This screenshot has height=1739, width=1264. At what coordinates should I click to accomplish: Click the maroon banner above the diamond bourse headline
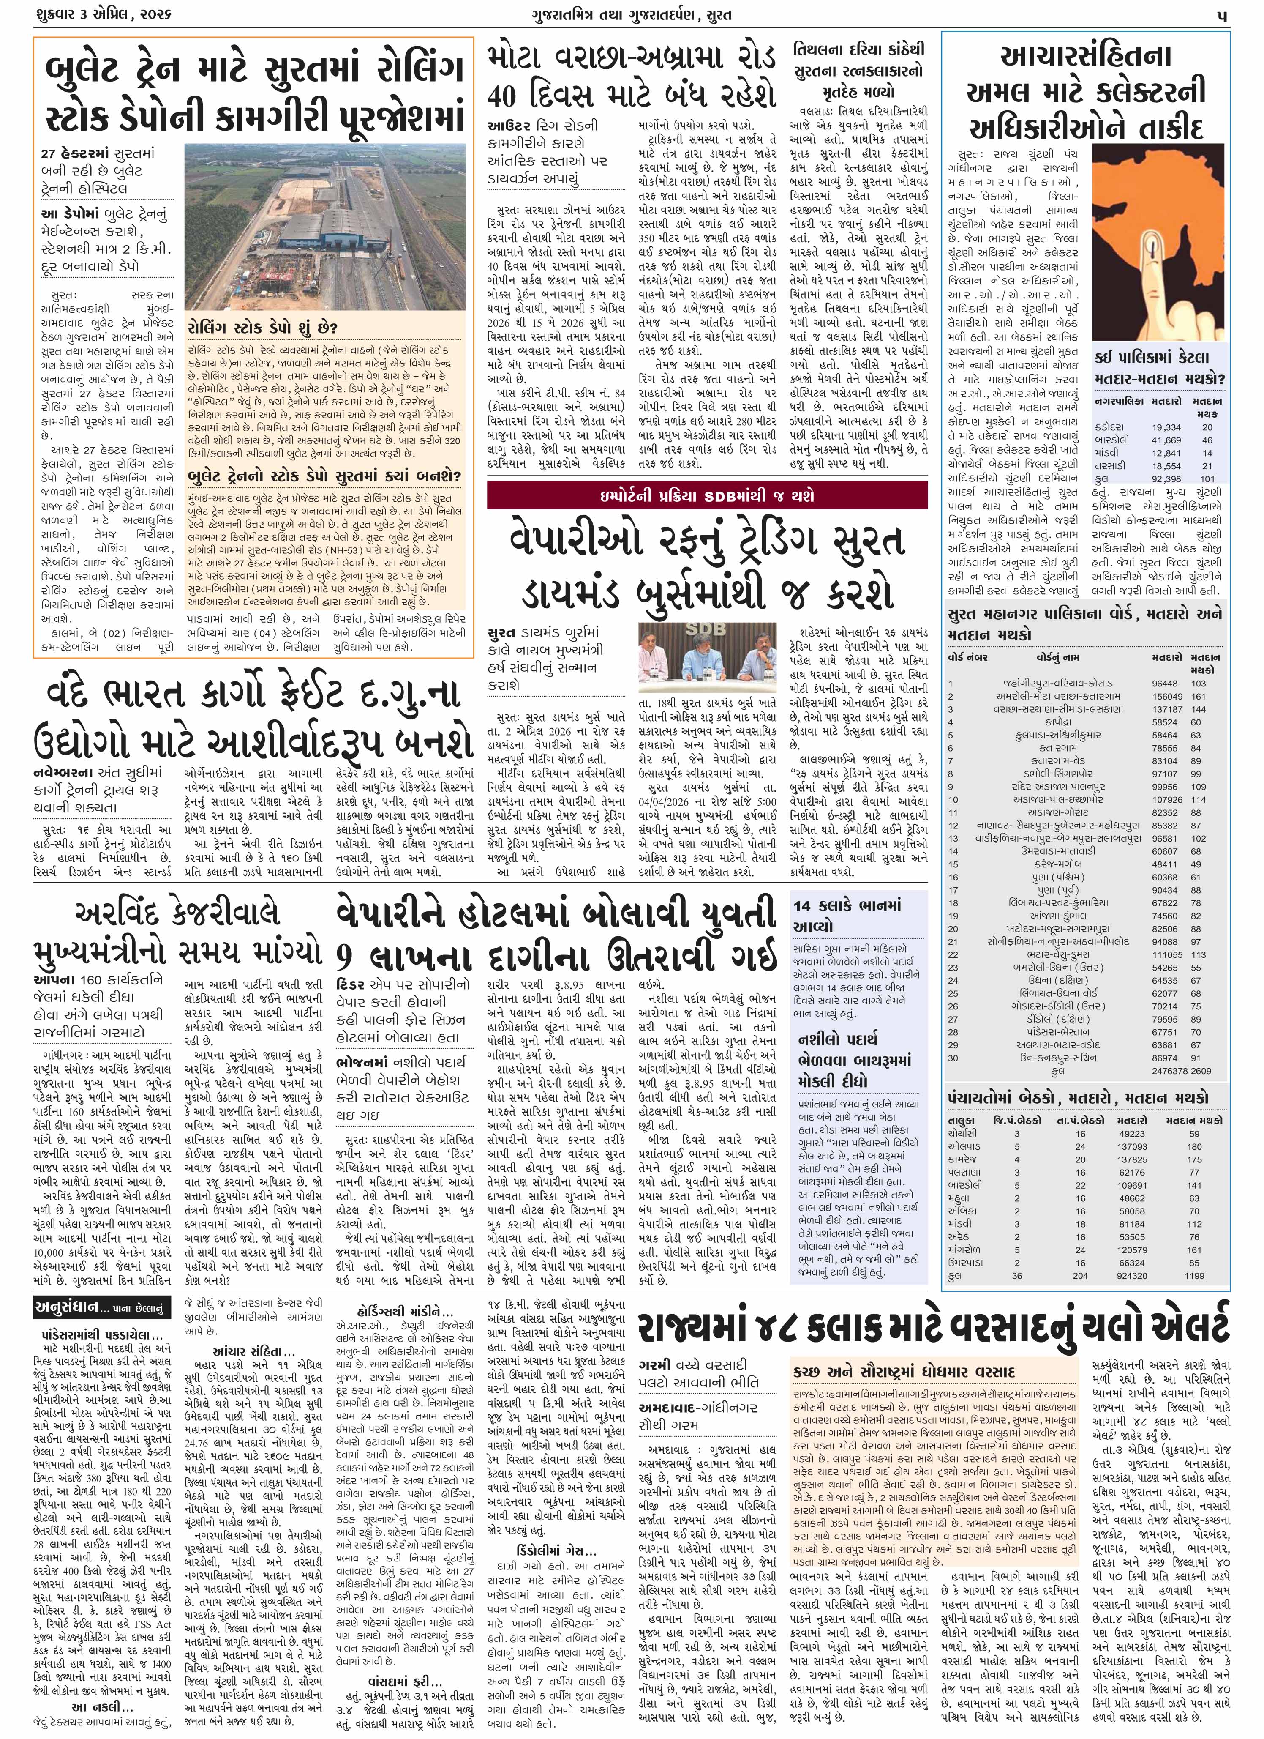[x=707, y=497]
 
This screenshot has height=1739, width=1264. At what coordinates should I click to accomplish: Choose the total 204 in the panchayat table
[x=1080, y=1275]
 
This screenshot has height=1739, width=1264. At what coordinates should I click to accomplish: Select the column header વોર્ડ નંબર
[x=967, y=657]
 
